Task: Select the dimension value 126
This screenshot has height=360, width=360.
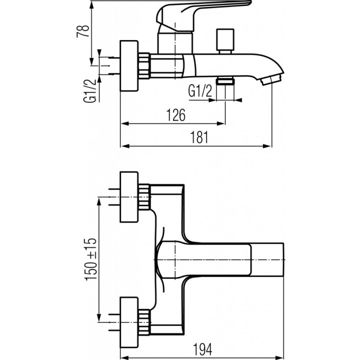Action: (175, 115)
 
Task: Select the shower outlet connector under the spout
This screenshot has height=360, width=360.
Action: (226, 81)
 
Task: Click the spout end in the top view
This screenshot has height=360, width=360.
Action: (267, 259)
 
